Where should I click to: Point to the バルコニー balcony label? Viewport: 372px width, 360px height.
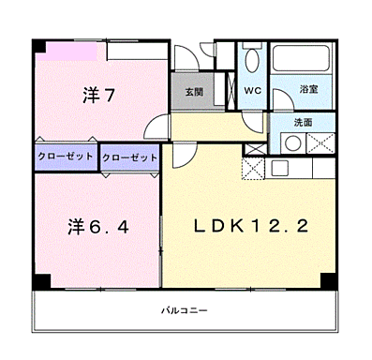click(x=183, y=309)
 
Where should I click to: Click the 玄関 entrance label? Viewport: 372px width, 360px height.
click(x=193, y=91)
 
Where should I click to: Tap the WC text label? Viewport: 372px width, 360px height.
click(x=252, y=90)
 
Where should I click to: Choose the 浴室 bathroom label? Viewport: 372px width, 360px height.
click(x=307, y=89)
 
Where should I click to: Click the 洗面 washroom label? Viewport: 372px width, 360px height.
click(x=303, y=122)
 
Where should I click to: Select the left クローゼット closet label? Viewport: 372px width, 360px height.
click(x=66, y=157)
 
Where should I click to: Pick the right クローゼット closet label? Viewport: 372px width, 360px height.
click(x=129, y=157)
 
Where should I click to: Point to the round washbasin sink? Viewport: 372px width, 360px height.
click(x=293, y=144)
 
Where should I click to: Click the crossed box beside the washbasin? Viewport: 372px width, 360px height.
click(x=320, y=144)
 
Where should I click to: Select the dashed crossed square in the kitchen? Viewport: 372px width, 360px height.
click(x=254, y=169)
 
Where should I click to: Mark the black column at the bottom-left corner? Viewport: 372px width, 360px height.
click(x=38, y=280)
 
